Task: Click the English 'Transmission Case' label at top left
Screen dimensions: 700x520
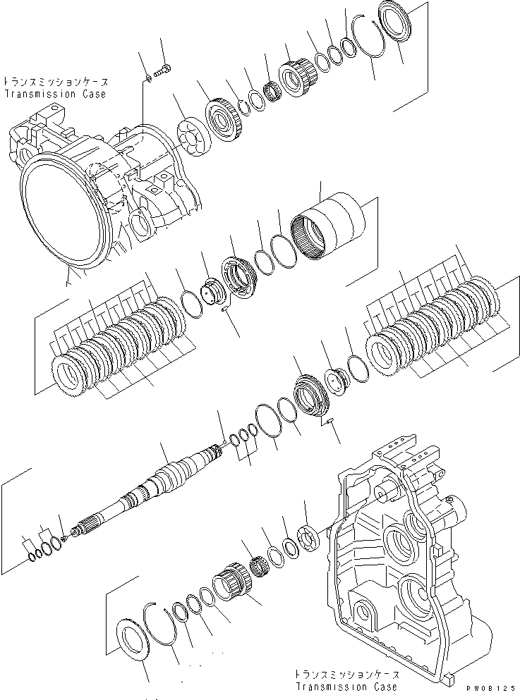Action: (x=55, y=94)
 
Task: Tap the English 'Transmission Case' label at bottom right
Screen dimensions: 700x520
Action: (x=346, y=687)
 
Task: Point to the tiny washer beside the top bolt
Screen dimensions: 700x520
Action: (x=148, y=76)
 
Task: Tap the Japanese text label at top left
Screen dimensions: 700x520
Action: (x=54, y=82)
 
